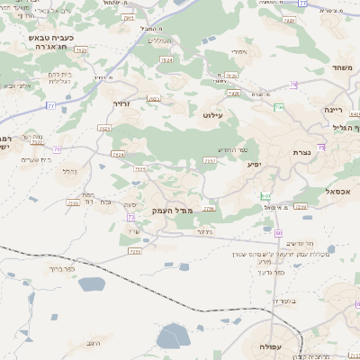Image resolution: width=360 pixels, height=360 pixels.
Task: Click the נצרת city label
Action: pyautogui.click(x=301, y=153)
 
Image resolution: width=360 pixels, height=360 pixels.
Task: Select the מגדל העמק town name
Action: pyautogui.click(x=172, y=211)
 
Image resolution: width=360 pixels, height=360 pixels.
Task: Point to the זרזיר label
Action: pyautogui.click(x=122, y=104)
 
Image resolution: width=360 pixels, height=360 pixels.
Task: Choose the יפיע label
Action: pyautogui.click(x=254, y=165)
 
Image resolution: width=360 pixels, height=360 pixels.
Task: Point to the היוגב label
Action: pyautogui.click(x=100, y=344)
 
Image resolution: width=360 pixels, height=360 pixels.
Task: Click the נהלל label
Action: pyautogui.click(x=67, y=170)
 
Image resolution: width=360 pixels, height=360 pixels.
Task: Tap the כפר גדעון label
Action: pyautogui.click(x=268, y=272)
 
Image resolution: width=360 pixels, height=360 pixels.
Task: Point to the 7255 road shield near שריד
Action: pyautogui.click(x=135, y=251)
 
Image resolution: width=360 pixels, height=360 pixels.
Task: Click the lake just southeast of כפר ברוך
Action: pyautogui.click(x=92, y=285)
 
